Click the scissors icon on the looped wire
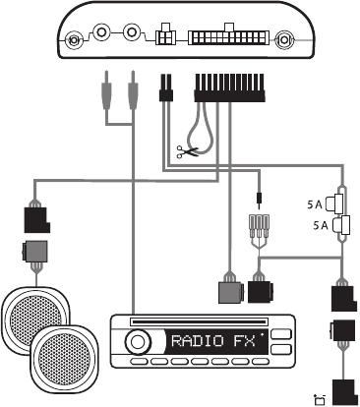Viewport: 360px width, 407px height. click(187, 152)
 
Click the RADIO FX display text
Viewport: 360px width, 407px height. click(213, 341)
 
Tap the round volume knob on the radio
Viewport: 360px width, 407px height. click(137, 342)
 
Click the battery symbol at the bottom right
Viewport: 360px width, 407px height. click(320, 400)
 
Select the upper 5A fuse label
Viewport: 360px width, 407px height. click(315, 204)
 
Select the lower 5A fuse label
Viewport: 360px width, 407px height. click(321, 225)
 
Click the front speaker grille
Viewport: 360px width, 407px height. click(65, 356)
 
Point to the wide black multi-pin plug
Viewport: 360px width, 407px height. click(229, 87)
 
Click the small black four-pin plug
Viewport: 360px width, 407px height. click(166, 87)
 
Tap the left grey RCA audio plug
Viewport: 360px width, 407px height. click(107, 90)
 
